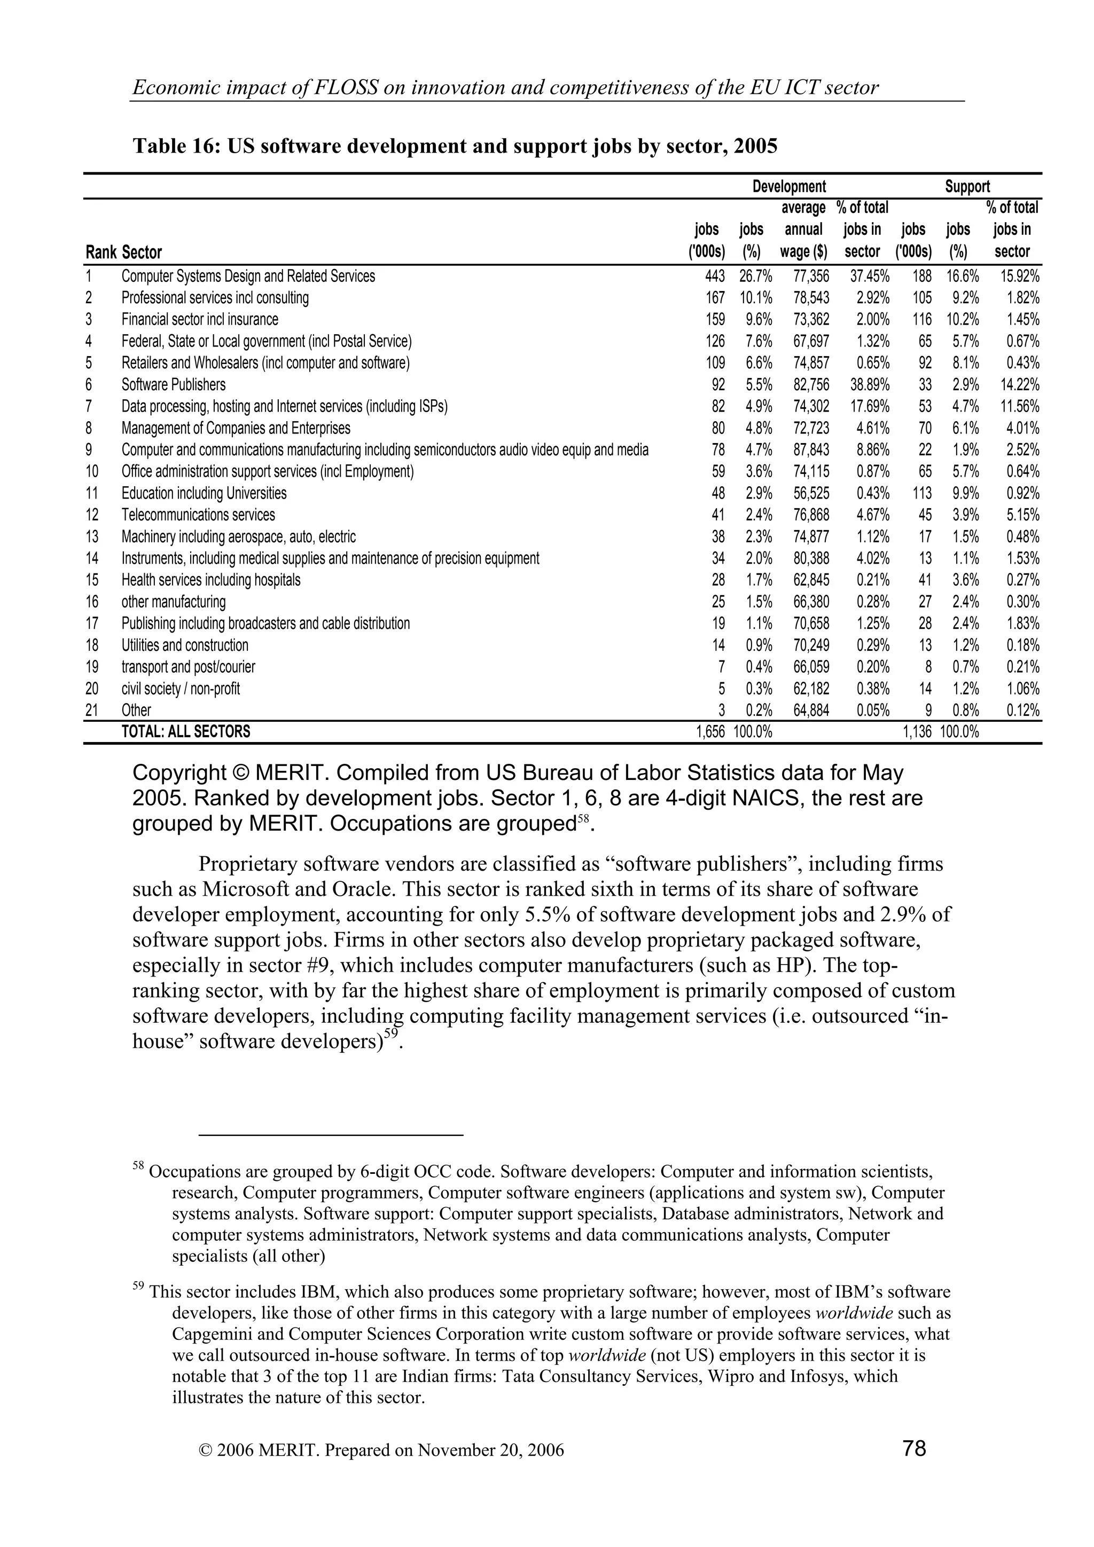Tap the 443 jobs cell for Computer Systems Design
point(715,277)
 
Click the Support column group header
point(967,187)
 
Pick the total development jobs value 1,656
point(710,732)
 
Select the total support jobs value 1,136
point(917,732)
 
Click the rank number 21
point(92,710)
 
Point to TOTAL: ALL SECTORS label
point(185,732)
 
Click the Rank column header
point(101,252)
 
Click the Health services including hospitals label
point(211,580)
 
